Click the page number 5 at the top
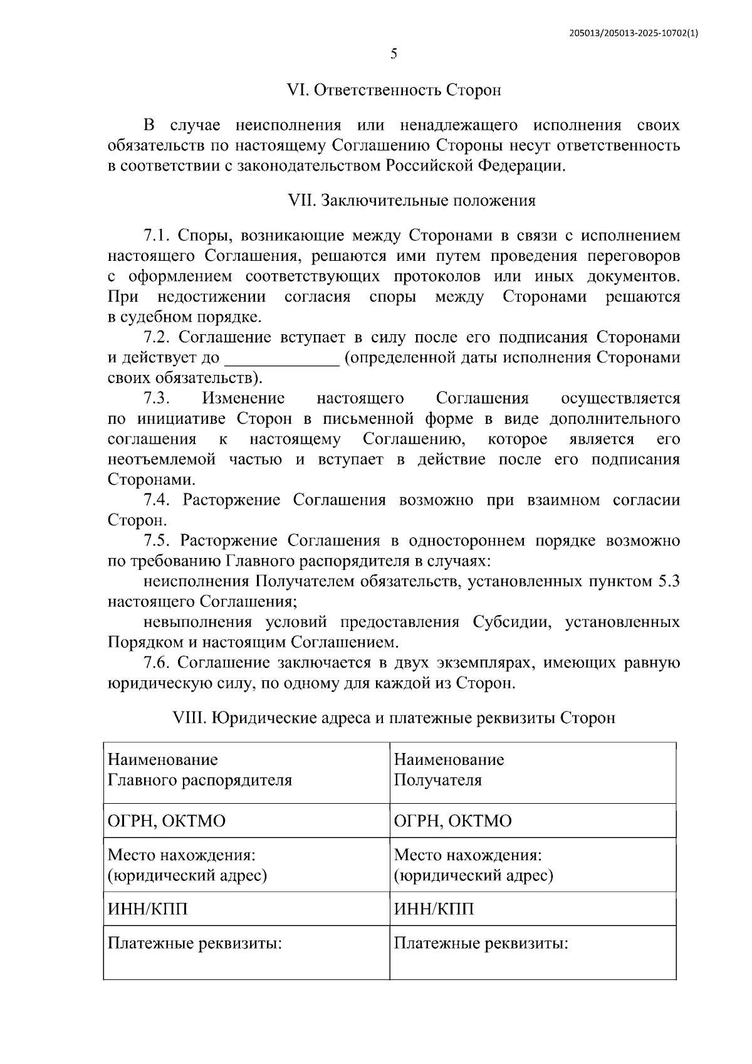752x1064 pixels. (394, 54)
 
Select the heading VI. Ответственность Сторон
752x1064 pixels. (394, 90)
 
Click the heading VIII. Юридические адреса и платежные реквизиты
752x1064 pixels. (394, 717)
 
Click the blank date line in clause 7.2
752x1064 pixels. (281, 359)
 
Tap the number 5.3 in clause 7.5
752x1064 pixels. (668, 582)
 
